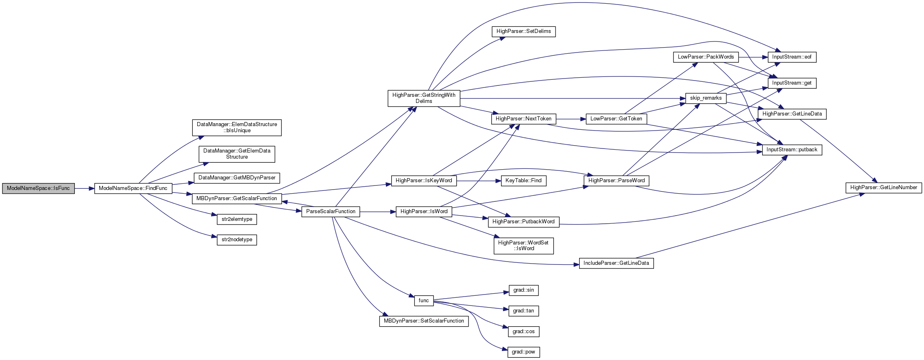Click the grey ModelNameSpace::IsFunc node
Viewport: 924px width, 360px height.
[x=38, y=188]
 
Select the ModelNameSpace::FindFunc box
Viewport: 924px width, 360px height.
[x=133, y=188]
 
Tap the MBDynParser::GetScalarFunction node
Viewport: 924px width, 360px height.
[x=237, y=199]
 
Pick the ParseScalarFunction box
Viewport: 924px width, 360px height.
[x=331, y=212]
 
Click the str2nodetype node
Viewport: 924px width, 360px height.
[x=237, y=240]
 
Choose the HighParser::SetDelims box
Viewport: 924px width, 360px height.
[x=523, y=31]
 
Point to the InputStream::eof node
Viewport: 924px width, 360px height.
[x=791, y=57]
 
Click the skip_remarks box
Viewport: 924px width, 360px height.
[x=706, y=98]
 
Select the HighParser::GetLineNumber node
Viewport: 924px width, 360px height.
[x=883, y=188]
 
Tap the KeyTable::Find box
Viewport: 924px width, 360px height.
[x=523, y=181]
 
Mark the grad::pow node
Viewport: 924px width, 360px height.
[x=523, y=352]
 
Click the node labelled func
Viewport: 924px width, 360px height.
[x=424, y=301]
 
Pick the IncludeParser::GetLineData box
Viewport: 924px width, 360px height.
[x=616, y=263]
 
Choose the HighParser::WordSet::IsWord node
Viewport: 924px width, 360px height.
[x=523, y=246]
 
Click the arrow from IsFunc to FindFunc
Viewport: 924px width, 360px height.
[x=85, y=188]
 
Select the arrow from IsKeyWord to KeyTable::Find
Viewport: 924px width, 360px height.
[x=479, y=181]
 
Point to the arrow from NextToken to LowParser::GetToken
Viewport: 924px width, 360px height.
[x=571, y=119]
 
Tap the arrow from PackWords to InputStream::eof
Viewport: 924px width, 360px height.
[x=753, y=57]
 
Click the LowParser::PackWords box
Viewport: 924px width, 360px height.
[x=706, y=57]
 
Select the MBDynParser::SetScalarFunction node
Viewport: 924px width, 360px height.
[x=424, y=321]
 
